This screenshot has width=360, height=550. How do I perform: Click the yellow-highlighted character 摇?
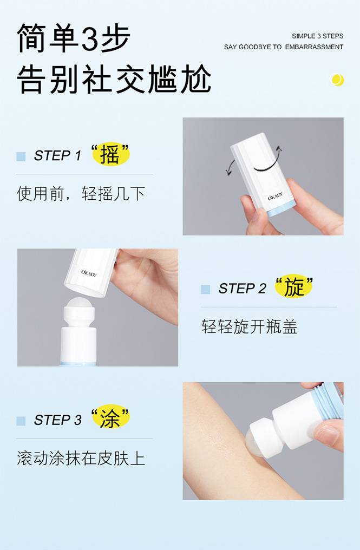(x=110, y=154)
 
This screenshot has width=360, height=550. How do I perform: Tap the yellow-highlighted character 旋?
(x=293, y=287)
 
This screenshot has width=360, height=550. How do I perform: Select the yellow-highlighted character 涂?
(x=110, y=418)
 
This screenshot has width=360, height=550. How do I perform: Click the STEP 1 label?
(x=57, y=155)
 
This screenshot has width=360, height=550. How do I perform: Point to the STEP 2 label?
(x=242, y=289)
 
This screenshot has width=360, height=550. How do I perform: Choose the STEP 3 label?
(x=57, y=420)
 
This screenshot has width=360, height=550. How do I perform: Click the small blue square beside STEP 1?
(x=21, y=156)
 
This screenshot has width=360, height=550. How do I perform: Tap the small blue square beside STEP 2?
(x=206, y=289)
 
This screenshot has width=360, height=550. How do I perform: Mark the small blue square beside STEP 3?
(x=21, y=421)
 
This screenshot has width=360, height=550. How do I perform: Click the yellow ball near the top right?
(x=337, y=80)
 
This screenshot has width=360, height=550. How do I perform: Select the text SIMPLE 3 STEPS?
(x=318, y=36)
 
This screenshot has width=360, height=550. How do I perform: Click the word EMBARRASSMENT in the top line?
(x=314, y=47)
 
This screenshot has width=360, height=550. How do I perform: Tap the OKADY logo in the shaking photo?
(x=276, y=197)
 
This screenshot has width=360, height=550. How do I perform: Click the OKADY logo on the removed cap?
(x=89, y=273)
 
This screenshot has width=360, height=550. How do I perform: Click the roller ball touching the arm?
(x=256, y=443)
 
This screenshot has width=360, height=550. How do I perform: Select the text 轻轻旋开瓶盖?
(x=250, y=326)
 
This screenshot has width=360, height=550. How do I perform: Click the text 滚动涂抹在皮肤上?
(x=81, y=458)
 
